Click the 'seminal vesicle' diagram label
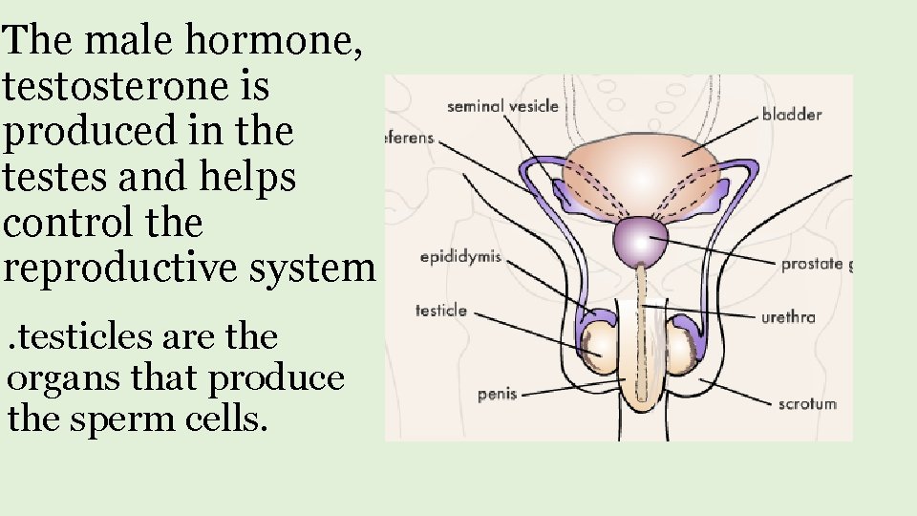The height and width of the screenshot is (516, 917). pos(502,106)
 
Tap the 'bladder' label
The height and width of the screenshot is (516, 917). pos(792,115)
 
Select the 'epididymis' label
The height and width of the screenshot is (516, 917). pos(460,258)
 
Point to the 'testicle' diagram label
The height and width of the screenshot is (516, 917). pos(441,310)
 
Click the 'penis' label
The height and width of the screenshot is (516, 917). pos(497,394)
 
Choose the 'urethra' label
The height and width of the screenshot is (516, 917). pos(788,317)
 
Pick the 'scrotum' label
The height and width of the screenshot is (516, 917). pos(806,403)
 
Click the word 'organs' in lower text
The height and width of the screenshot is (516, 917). pos(63,379)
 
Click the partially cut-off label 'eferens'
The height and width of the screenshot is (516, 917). pos(410,138)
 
